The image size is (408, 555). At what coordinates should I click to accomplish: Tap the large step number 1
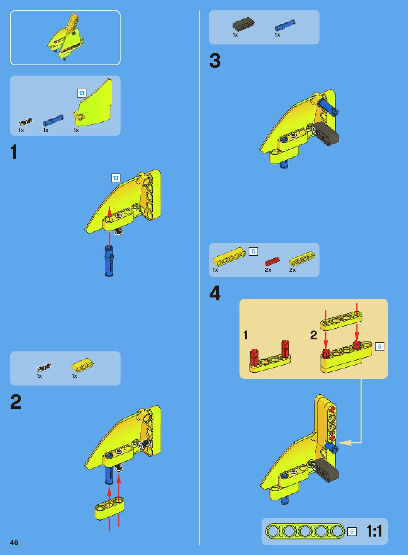pyautogui.click(x=14, y=152)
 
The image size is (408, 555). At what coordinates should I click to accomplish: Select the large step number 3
pyautogui.click(x=215, y=61)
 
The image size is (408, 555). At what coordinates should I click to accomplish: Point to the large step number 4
pyautogui.click(x=215, y=293)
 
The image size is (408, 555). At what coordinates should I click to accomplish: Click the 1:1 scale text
pyautogui.click(x=374, y=531)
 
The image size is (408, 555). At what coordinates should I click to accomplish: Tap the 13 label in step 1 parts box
pyautogui.click(x=82, y=93)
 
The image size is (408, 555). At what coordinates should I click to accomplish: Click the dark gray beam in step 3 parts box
pyautogui.click(x=243, y=24)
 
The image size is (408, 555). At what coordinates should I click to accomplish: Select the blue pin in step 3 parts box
pyautogui.click(x=285, y=25)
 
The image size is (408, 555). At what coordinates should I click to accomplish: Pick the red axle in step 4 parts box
pyautogui.click(x=272, y=261)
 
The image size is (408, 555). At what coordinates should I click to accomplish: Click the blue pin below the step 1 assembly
pyautogui.click(x=109, y=261)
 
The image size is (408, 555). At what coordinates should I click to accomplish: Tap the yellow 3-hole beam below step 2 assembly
pyautogui.click(x=109, y=509)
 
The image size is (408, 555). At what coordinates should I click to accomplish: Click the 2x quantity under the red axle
pyautogui.click(x=268, y=270)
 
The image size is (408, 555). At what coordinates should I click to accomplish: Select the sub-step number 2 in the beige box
pyautogui.click(x=314, y=335)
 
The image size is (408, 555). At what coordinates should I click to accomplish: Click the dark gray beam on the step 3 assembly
pyautogui.click(x=325, y=134)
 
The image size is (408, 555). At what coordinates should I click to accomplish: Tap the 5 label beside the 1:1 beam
pyautogui.click(x=352, y=532)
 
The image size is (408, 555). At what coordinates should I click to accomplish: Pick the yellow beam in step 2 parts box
pyautogui.click(x=83, y=365)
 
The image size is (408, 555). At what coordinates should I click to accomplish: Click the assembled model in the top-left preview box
pyautogui.click(x=65, y=37)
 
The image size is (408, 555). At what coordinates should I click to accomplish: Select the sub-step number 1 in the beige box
pyautogui.click(x=245, y=335)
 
